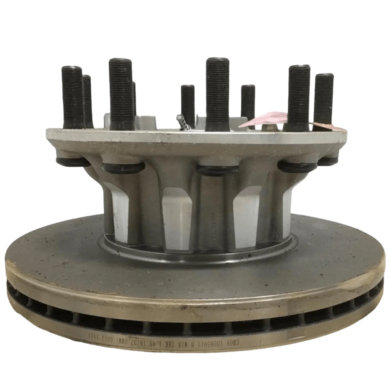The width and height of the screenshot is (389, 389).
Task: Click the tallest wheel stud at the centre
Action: point(217,93)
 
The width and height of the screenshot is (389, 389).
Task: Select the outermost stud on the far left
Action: point(73,96)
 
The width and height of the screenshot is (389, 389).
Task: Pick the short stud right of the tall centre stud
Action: point(248,103)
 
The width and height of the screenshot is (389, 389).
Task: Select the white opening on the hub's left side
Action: point(119,208)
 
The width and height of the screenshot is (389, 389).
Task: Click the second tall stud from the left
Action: point(120,93)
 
